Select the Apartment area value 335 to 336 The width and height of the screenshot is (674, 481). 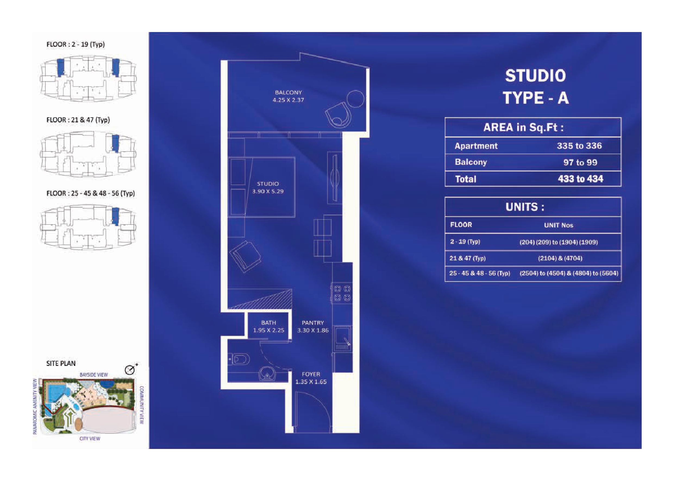[579, 146]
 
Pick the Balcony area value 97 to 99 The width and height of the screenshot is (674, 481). [580, 162]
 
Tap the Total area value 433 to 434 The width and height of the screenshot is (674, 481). [580, 179]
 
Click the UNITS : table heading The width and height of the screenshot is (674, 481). [525, 207]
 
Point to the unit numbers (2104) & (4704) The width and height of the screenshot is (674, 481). [560, 258]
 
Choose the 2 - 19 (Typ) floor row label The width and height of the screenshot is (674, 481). [465, 242]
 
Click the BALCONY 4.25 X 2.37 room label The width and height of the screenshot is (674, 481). [288, 96]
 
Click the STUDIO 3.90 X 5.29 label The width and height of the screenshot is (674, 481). [268, 188]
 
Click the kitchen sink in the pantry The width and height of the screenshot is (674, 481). [343, 338]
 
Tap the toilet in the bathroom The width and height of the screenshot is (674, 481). [239, 359]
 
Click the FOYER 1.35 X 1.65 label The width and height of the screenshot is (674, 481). [311, 378]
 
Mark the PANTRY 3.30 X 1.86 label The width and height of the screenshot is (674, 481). [313, 326]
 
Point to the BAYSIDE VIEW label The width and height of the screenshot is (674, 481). [94, 375]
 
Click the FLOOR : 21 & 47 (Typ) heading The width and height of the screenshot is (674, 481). [78, 120]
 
